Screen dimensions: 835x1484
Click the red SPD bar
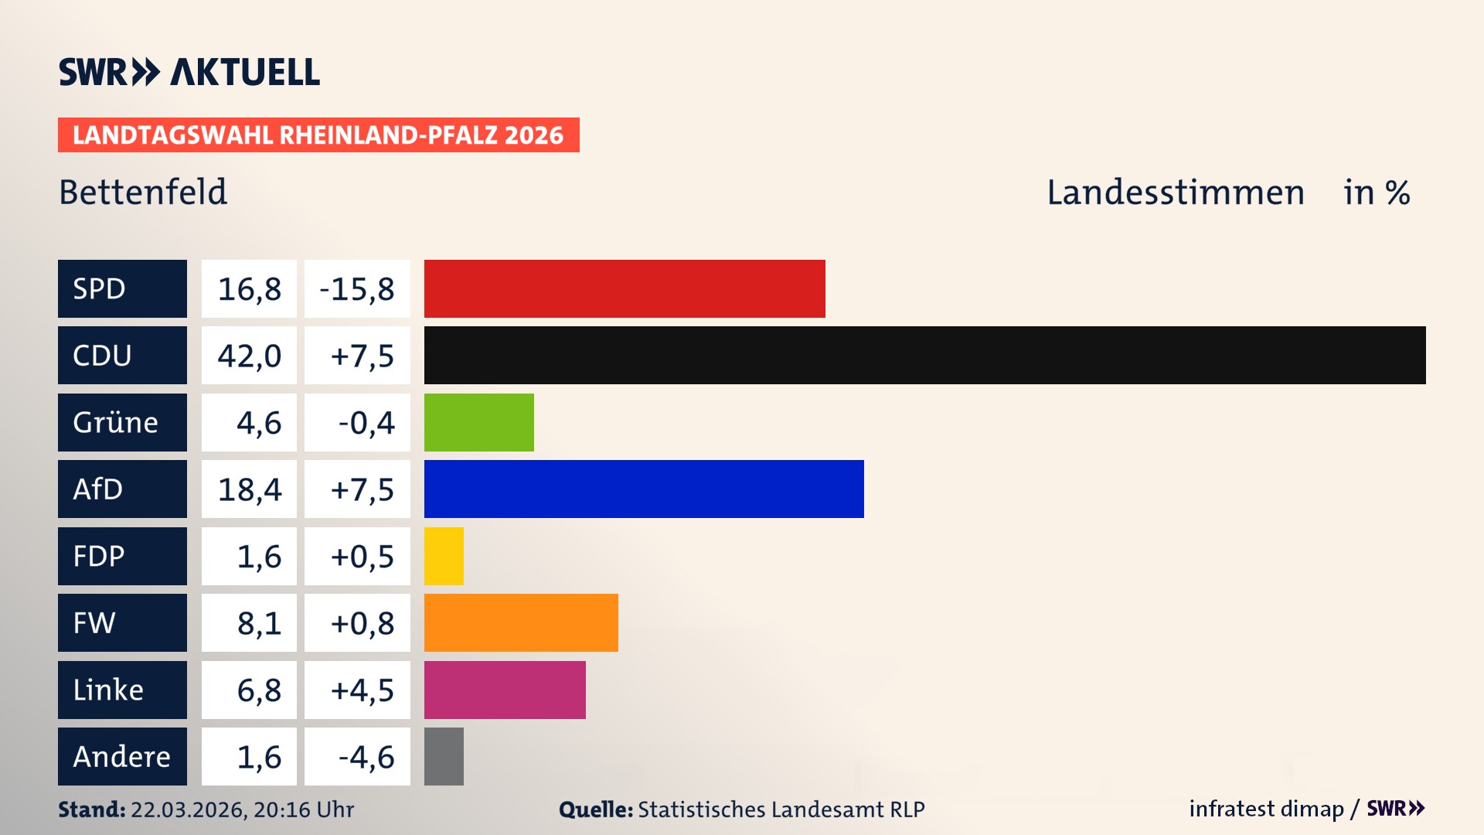pos(625,288)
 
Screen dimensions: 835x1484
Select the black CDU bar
pos(924,355)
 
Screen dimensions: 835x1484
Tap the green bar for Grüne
pos(478,422)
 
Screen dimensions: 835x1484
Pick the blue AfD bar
pos(644,489)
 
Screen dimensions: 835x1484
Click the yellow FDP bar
pos(444,556)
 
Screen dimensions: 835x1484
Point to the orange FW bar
pos(521,622)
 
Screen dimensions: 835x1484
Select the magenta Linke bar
pos(505,690)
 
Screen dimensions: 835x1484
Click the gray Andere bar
pos(444,756)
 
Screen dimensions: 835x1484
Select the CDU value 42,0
pos(249,356)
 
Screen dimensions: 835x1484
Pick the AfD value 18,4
pos(249,489)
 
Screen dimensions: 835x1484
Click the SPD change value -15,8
pos(357,289)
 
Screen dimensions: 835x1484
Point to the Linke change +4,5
pos(362,690)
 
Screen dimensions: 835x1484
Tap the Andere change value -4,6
pos(366,757)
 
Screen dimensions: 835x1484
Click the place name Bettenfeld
pos(143,192)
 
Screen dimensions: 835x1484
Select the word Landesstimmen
pos(1175,193)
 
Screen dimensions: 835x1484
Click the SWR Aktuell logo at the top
pos(189,72)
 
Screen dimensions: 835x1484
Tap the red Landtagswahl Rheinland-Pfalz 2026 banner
pos(318,135)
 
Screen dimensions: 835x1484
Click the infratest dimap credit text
pos(1266,809)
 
